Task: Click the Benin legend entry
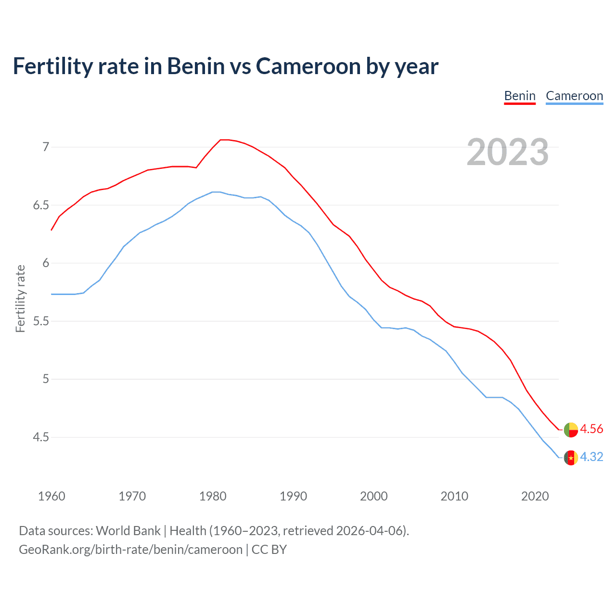[520, 96]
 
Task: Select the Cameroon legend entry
[574, 96]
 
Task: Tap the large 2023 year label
[508, 152]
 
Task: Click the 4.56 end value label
[591, 429]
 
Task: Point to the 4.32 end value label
[591, 457]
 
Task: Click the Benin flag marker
[571, 430]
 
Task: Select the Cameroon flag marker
[571, 458]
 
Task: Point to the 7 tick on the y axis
[46, 147]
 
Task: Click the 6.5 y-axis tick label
[41, 205]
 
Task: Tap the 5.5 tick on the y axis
[41, 321]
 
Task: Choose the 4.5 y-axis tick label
[41, 437]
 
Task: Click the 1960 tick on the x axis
[51, 496]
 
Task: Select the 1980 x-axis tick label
[213, 496]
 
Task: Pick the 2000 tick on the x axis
[374, 496]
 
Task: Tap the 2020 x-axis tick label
[535, 496]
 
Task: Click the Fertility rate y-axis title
[20, 298]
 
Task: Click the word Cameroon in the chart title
[308, 66]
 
